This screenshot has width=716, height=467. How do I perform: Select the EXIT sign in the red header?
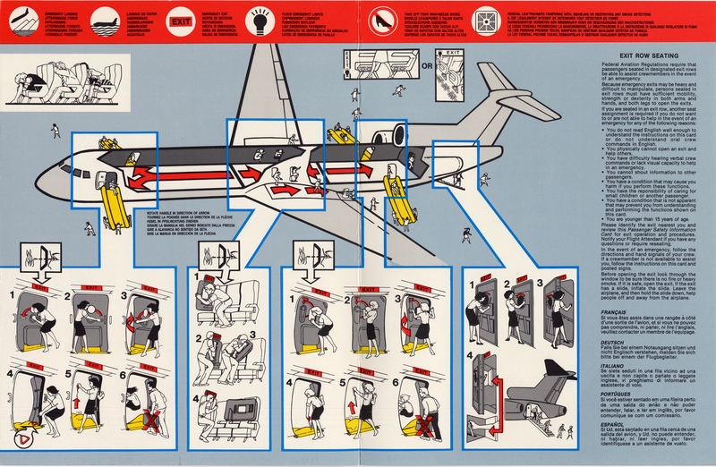tap(181, 19)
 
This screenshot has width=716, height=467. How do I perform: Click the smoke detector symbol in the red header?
tap(489, 19)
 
